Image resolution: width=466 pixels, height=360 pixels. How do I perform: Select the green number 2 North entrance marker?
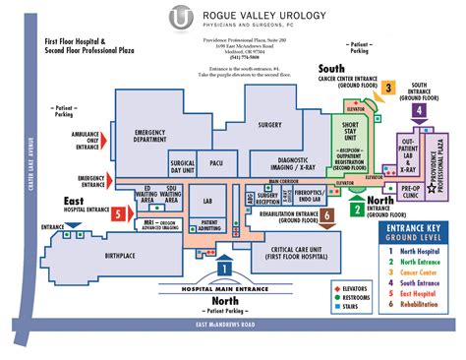[356, 207]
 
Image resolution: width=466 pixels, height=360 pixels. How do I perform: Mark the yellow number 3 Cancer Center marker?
[388, 88]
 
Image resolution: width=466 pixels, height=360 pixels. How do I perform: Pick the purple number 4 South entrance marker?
[420, 111]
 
